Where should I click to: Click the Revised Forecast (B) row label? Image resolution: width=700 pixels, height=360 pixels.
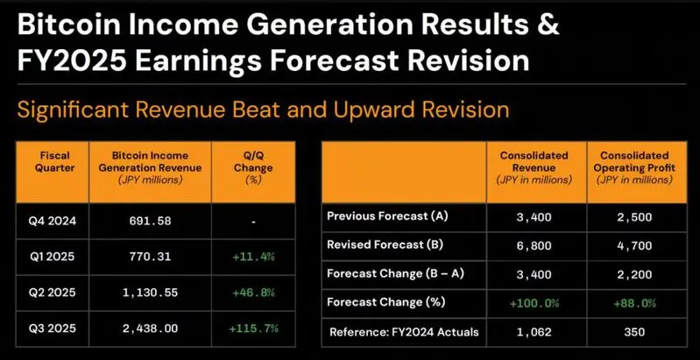click(x=380, y=245)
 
